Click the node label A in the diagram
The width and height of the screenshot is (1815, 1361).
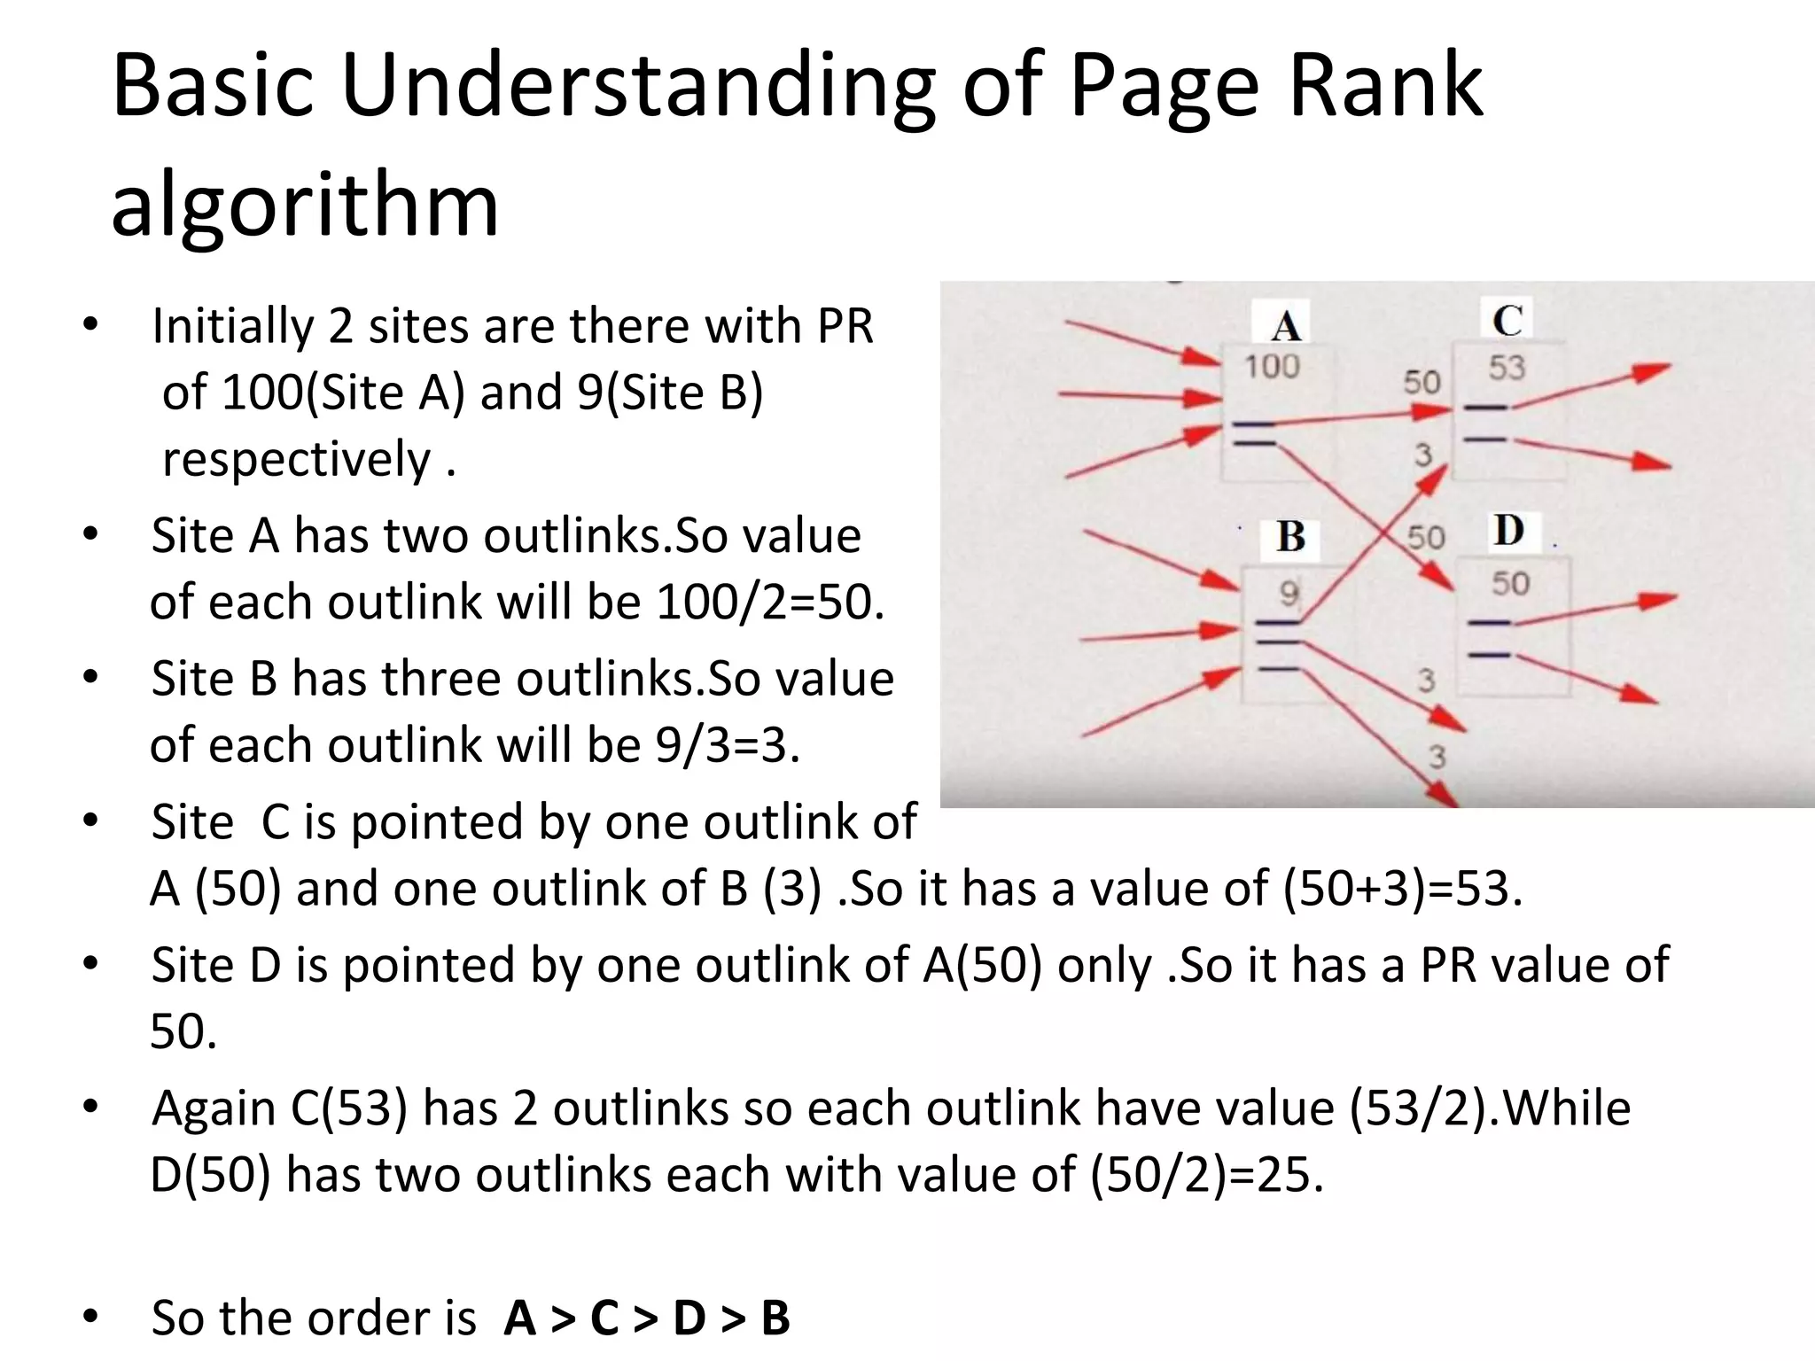coord(1285,326)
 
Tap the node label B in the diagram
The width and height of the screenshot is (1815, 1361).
coord(1290,537)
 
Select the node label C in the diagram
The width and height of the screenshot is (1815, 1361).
coord(1507,321)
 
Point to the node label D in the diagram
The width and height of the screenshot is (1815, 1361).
coord(1508,532)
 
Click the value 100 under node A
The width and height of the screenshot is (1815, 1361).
coord(1272,367)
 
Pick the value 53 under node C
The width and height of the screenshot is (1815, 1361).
coord(1507,368)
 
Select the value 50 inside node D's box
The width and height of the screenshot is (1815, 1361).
coord(1510,584)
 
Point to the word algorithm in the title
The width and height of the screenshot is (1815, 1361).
coord(305,206)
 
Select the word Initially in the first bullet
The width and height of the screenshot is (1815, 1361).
coord(232,326)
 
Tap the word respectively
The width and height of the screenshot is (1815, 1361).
coord(296,460)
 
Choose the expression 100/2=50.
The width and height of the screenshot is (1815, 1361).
coord(769,603)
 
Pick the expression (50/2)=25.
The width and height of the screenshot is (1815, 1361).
coord(1206,1176)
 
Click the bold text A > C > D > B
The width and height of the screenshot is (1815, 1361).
coord(646,1318)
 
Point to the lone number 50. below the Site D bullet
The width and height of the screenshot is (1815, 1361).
coord(183,1032)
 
